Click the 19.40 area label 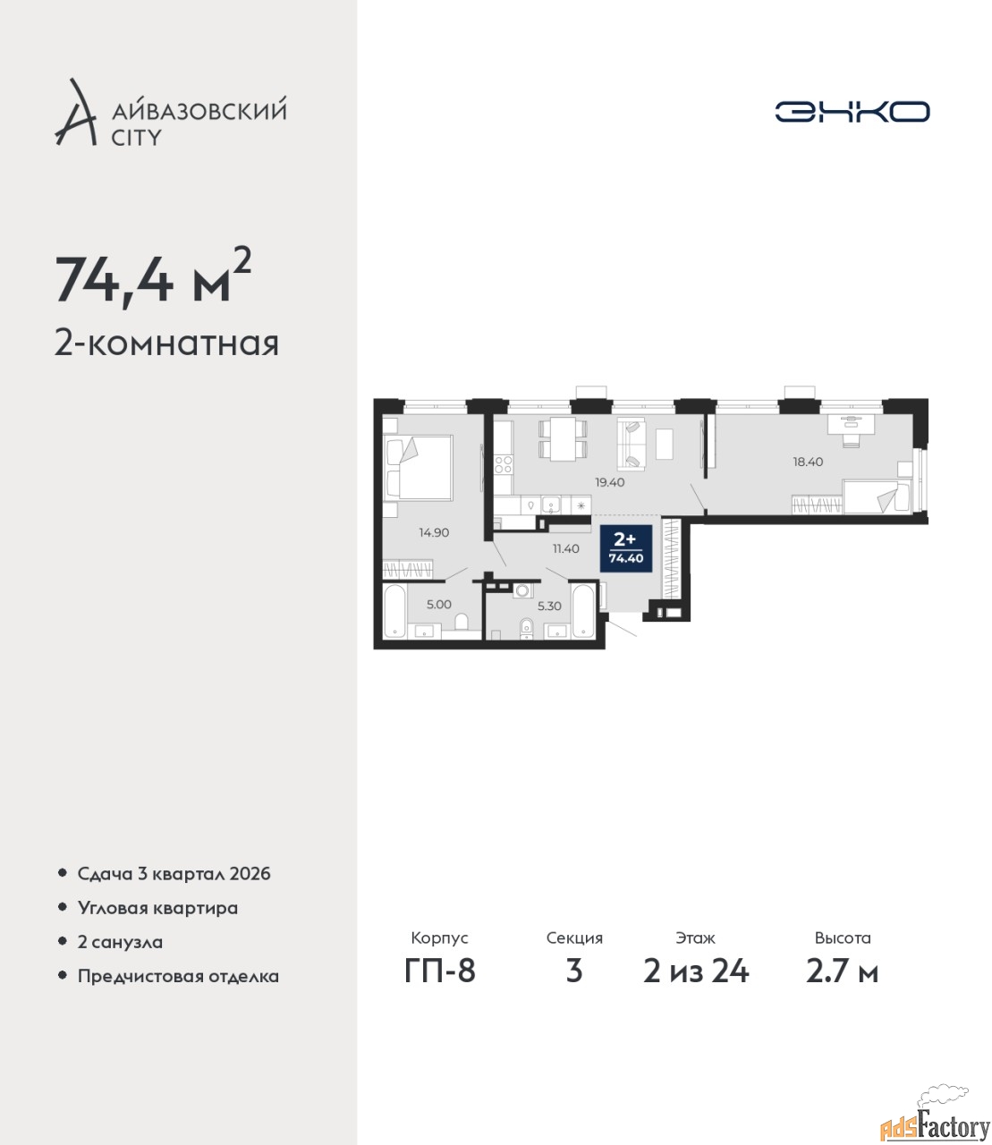pos(609,482)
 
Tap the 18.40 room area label pos(808,462)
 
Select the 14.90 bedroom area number pos(434,532)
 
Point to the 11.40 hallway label pos(565,548)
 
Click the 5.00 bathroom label pos(438,605)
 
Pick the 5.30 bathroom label pos(549,606)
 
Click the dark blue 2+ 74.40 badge pos(626,548)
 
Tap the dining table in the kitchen pos(562,438)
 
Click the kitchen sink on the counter pos(551,505)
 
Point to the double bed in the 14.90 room pos(419,468)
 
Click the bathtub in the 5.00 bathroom pos(394,610)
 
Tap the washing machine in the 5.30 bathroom pos(521,590)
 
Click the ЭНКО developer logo pos(852,111)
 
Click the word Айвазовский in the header pos(199,110)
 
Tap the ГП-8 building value pos(440,971)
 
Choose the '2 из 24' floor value pos(696,971)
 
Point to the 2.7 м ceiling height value pos(842,971)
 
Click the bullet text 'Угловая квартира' pos(157,908)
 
